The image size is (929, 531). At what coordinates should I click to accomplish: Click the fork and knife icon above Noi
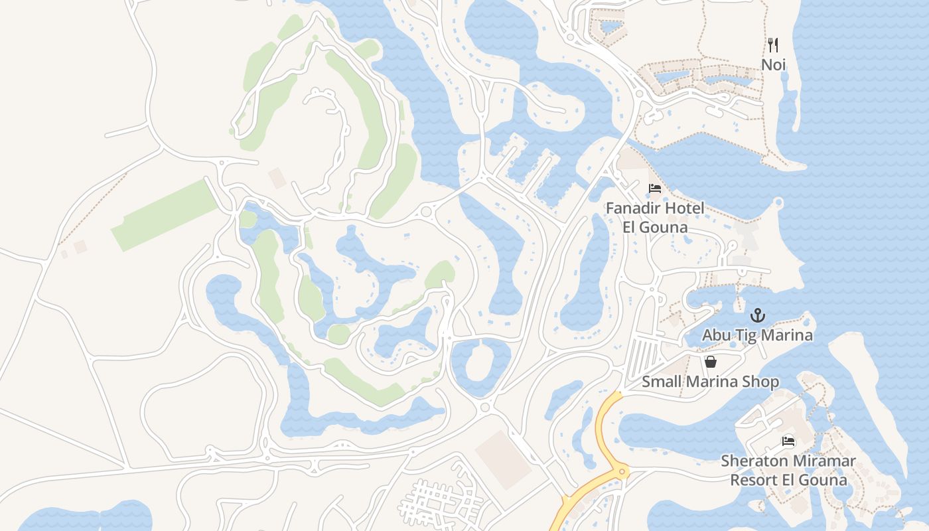point(773,45)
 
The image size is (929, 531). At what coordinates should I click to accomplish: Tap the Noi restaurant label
point(773,65)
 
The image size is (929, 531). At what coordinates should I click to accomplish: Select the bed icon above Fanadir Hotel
point(655,189)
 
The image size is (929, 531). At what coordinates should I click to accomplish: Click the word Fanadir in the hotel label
point(633,208)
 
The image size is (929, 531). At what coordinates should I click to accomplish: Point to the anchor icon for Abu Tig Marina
point(757,315)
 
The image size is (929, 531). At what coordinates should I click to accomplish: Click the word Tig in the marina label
point(741,335)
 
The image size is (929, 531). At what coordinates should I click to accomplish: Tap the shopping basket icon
point(711,362)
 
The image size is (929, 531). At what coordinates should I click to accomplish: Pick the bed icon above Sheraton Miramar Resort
point(788,441)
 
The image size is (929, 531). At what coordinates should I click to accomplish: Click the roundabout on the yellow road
point(622,472)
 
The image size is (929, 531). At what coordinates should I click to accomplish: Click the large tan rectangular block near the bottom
point(504,459)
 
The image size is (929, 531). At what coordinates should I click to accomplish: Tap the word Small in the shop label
point(662,382)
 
